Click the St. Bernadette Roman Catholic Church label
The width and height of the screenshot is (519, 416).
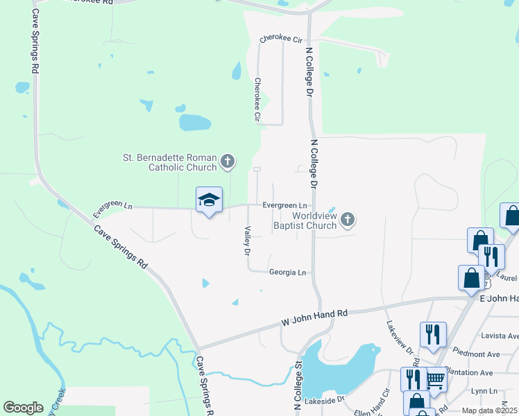pyautogui.click(x=170, y=162)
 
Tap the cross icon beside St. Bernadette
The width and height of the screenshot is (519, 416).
pyautogui.click(x=227, y=163)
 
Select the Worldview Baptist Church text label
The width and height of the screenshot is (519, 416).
pyautogui.click(x=305, y=220)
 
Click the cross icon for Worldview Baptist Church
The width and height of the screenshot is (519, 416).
pyautogui.click(x=348, y=220)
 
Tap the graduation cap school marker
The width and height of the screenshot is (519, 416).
pyautogui.click(x=209, y=200)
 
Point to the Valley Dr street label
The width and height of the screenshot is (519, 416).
pyautogui.click(x=246, y=240)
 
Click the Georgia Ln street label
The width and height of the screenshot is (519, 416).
pyautogui.click(x=287, y=272)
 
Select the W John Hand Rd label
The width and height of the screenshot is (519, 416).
pyautogui.click(x=314, y=318)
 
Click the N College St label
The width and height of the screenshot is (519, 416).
pyautogui.click(x=299, y=385)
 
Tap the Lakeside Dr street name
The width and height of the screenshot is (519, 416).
pyautogui.click(x=325, y=400)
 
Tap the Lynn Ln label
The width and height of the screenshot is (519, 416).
pyautogui.click(x=484, y=391)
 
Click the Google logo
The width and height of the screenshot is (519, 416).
pyautogui.click(x=23, y=408)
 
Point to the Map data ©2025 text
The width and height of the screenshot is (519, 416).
pyautogui.click(x=490, y=410)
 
